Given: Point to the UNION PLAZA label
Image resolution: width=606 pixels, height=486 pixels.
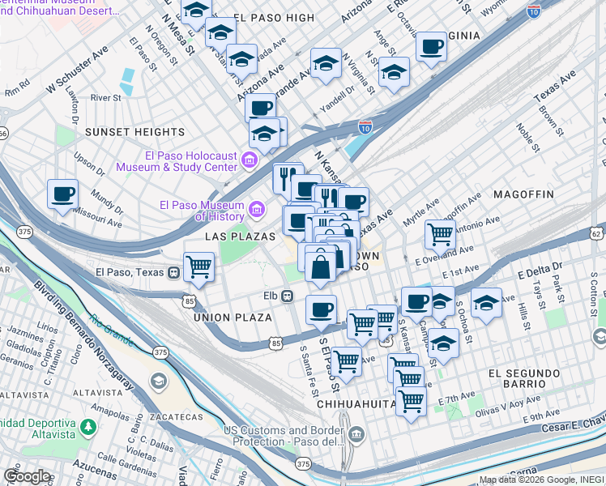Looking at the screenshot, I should click(x=233, y=318).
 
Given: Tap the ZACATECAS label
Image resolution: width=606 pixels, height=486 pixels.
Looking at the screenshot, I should click(x=175, y=417).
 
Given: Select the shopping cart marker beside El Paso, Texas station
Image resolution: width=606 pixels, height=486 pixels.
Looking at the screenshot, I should click(x=198, y=266).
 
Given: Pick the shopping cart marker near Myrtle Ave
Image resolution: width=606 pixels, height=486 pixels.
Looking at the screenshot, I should click(x=440, y=234).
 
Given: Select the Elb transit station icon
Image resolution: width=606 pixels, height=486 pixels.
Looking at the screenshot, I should click(x=287, y=296).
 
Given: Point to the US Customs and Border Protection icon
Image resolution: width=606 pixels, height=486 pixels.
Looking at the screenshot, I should click(x=358, y=437).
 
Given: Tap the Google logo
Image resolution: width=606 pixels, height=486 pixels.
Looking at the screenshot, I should click(x=27, y=475).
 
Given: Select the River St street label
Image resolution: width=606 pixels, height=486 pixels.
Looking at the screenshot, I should click(x=105, y=98).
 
